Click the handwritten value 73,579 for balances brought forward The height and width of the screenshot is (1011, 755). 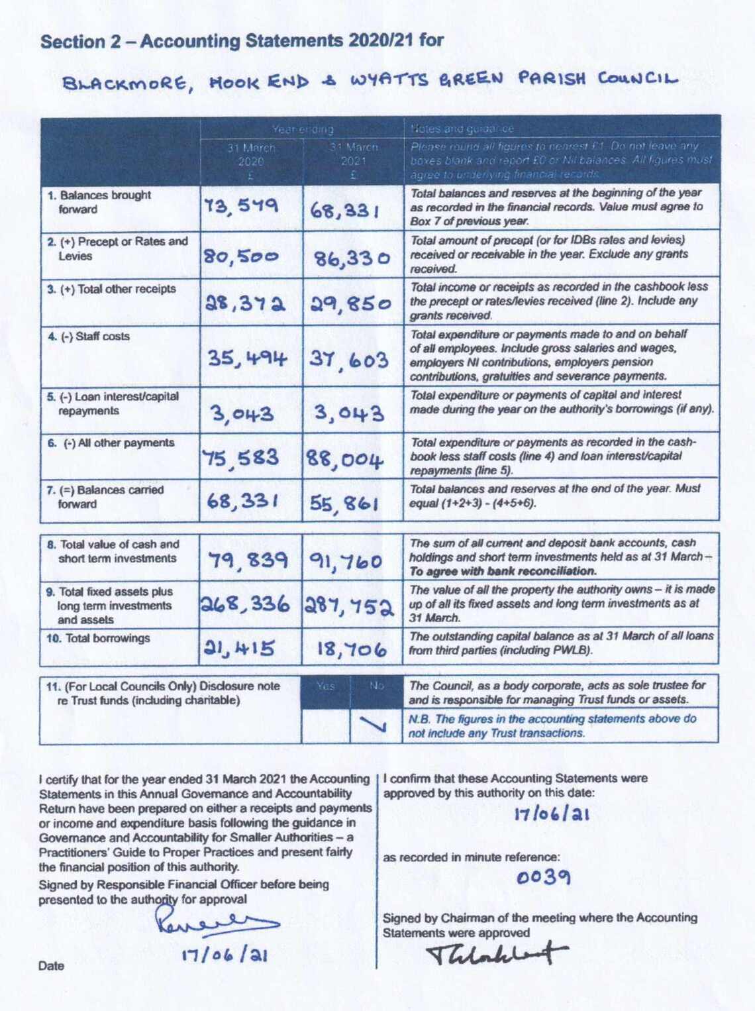241,207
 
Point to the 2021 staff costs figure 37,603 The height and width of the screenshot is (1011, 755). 349,360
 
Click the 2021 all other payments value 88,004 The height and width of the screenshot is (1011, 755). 344,459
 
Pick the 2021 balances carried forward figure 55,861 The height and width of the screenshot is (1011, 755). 344,504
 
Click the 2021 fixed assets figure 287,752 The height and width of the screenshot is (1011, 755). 350,606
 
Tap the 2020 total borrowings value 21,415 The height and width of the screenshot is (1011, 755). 239,647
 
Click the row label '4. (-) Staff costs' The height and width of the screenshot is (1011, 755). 89,337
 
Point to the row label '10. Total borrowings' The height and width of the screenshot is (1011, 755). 99,639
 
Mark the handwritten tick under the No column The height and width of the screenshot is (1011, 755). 375,725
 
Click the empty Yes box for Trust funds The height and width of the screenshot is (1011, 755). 325,725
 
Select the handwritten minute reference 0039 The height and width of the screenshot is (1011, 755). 543,877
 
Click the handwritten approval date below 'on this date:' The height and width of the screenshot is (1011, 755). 552,814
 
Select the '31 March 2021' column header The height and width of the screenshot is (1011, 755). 354,161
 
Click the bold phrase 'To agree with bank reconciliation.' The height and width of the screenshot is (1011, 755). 503,571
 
